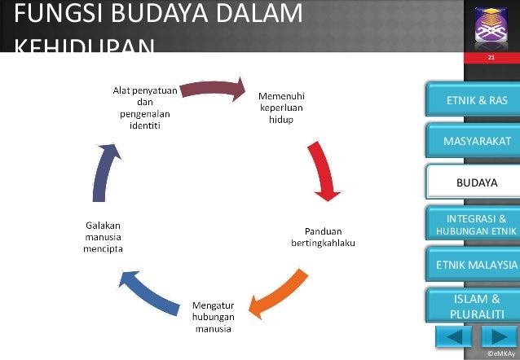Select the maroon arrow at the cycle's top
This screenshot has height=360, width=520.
tap(212, 84)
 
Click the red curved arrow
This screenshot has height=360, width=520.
tap(322, 171)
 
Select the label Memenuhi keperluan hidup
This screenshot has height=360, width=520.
tap(282, 107)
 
